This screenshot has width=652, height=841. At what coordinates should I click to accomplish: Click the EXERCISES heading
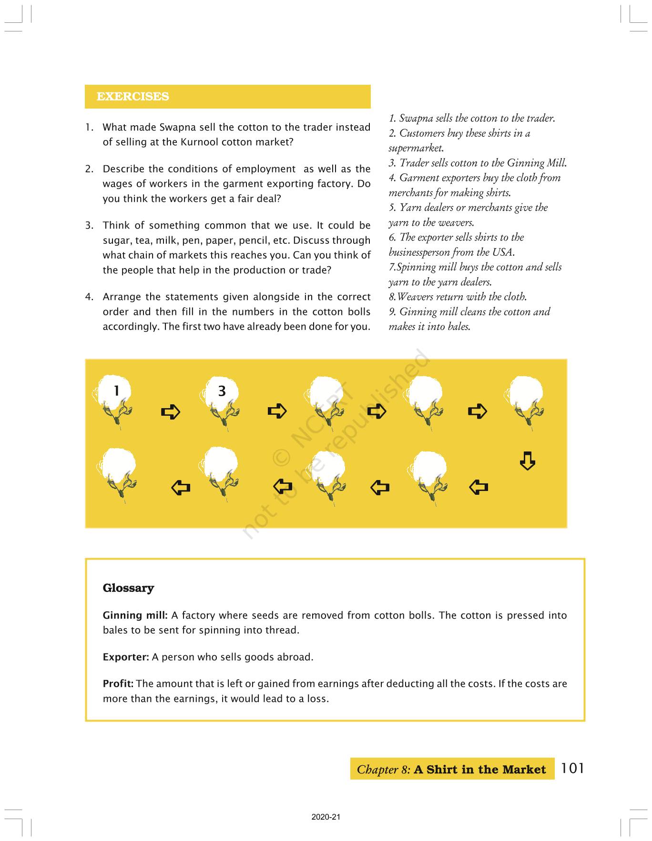132,96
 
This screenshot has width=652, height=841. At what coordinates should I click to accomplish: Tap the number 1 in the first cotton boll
116,390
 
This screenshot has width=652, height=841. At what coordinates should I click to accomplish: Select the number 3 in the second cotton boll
222,391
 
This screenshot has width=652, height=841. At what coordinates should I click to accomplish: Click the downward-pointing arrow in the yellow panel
527,461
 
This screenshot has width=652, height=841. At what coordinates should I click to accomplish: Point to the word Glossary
128,588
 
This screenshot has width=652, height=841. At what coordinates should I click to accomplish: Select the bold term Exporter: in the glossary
126,657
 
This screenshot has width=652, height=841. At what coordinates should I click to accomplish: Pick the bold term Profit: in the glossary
118,684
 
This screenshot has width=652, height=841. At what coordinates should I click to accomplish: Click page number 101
572,768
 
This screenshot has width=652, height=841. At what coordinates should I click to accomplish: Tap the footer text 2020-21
326,817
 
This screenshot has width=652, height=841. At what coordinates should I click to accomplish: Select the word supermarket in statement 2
416,148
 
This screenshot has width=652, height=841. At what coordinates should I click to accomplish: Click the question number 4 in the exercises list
89,297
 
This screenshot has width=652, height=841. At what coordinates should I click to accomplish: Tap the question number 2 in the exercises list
89,169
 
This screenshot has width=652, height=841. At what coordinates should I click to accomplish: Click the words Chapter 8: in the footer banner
383,770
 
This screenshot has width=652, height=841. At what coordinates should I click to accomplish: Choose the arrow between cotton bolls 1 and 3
171,411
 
